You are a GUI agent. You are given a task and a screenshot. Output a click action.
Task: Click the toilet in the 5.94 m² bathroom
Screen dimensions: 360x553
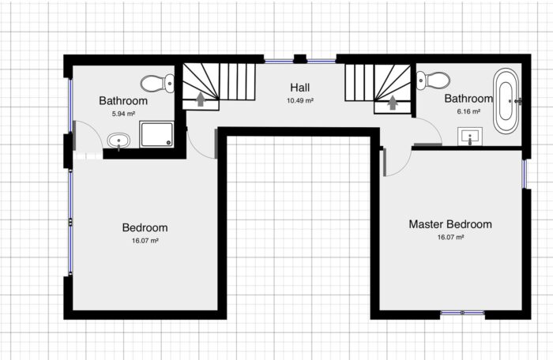point(158,82)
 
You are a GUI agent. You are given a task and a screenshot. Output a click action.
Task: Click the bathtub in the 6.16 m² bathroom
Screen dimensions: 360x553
point(506,101)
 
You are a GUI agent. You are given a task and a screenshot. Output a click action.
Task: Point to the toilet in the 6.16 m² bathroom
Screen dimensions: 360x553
point(433,80)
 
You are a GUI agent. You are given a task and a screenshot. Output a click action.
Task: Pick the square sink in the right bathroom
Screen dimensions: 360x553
point(471,137)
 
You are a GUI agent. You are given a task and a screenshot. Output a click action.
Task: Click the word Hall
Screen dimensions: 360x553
point(300,88)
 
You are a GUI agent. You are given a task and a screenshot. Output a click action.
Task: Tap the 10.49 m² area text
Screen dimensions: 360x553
point(300,101)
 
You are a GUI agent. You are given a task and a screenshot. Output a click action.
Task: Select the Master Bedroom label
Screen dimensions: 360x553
point(450,224)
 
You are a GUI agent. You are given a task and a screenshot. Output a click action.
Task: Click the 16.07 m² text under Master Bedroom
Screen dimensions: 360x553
point(450,237)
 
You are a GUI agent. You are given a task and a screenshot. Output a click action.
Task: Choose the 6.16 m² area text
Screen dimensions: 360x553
point(468,113)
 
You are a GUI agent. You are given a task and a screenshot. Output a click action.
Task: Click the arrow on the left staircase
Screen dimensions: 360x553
point(200,99)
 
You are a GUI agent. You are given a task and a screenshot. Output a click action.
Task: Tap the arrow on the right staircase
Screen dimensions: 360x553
point(393,102)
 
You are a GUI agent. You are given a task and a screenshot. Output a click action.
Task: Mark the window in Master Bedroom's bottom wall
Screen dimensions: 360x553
point(462,313)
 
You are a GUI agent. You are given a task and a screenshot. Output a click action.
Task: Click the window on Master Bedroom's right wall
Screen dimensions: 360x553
point(524,174)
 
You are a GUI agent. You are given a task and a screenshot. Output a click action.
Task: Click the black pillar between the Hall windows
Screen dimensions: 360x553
point(300,58)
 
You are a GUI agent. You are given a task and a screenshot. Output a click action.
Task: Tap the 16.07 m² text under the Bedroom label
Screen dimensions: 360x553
point(145,241)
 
